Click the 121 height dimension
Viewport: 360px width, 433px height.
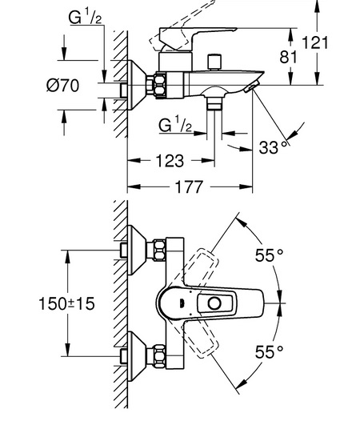(x=315, y=42)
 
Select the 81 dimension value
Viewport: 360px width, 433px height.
(x=289, y=57)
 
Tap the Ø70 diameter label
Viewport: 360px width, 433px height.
(x=62, y=86)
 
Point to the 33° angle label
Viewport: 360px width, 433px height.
(x=274, y=147)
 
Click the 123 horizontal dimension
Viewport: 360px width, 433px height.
(x=170, y=161)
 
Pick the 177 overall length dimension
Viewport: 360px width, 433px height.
(x=190, y=187)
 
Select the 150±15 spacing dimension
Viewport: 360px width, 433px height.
(x=66, y=304)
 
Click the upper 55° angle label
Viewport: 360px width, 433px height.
(x=269, y=255)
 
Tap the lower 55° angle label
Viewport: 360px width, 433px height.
(x=269, y=352)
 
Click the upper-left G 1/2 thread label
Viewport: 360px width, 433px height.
(x=85, y=17)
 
